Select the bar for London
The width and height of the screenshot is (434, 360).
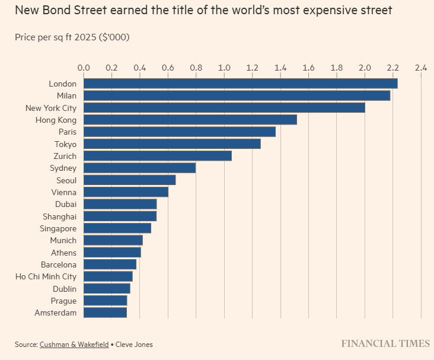240,84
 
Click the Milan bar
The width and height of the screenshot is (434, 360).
237,95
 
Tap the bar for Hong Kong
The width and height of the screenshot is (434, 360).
190,120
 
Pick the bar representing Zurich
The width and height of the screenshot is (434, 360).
157,156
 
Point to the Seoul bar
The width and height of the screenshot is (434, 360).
129,180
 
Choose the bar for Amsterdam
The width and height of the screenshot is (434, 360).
105,313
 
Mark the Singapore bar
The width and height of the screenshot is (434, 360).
117,228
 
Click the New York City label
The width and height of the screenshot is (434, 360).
51,108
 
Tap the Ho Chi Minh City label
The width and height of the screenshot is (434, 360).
46,276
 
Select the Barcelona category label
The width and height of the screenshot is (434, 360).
58,265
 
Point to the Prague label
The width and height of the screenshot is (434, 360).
63,301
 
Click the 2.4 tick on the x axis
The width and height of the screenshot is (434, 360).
421,68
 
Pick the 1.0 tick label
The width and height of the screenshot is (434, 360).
224,68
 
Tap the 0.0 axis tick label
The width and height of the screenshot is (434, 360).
84,68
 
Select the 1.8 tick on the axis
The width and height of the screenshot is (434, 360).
337,68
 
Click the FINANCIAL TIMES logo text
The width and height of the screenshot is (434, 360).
385,343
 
